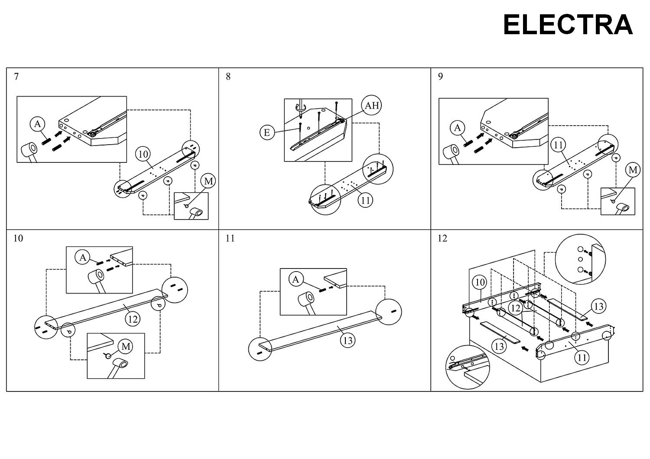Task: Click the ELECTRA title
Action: pyautogui.click(x=568, y=25)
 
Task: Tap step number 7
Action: pyautogui.click(x=16, y=77)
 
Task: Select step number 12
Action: pyautogui.click(x=442, y=238)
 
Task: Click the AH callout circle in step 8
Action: pyautogui.click(x=371, y=105)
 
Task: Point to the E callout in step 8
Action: pyautogui.click(x=267, y=133)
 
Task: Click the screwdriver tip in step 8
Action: pyautogui.click(x=301, y=116)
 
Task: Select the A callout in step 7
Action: pyautogui.click(x=37, y=124)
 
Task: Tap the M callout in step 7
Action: pyautogui.click(x=208, y=181)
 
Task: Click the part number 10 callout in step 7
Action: pyautogui.click(x=143, y=154)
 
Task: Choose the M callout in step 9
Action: pyautogui.click(x=633, y=170)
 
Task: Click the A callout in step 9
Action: pyautogui.click(x=457, y=128)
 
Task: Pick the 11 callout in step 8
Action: pyautogui.click(x=365, y=200)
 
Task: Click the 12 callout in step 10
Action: pyautogui.click(x=133, y=319)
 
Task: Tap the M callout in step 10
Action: pyautogui.click(x=126, y=346)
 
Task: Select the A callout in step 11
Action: pyautogui.click(x=296, y=279)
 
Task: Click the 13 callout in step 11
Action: pyautogui.click(x=348, y=340)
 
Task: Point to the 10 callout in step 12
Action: pyautogui.click(x=479, y=282)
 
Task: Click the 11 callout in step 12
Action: pyautogui.click(x=582, y=358)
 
